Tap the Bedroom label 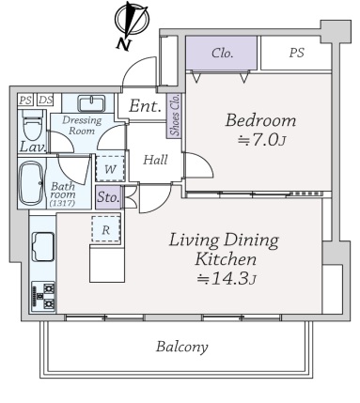click(260, 120)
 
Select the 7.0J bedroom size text click(261, 141)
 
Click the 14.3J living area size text click(227, 278)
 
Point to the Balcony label click(182, 347)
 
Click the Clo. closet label click(223, 54)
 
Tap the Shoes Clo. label click(175, 115)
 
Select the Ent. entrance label click(145, 106)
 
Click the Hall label click(155, 160)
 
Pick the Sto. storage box click(108, 197)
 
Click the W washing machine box click(110, 169)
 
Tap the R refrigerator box click(106, 229)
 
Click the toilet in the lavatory click(32, 125)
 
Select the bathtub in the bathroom click(31, 183)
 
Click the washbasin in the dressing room click(91, 103)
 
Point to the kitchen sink click(43, 246)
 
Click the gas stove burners click(43, 296)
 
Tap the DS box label click(46, 101)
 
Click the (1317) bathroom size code click(62, 203)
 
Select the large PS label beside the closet click(296, 53)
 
